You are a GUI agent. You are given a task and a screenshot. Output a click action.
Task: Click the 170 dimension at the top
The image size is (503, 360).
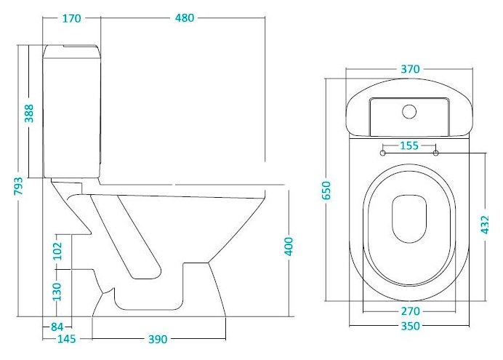[71, 19]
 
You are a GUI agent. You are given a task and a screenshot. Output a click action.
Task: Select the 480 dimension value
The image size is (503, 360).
[185, 18]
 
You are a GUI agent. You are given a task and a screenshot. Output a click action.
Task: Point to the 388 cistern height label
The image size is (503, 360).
[29, 113]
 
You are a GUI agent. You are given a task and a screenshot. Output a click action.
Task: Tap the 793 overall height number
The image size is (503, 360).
[18, 185]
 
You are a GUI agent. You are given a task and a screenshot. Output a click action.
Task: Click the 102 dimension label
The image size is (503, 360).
[57, 251]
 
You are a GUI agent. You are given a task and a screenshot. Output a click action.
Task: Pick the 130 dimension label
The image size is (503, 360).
[57, 292]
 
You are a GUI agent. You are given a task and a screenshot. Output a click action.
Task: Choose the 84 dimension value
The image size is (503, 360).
[57, 327]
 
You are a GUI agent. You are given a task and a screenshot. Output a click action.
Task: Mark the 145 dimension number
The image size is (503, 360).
[67, 339]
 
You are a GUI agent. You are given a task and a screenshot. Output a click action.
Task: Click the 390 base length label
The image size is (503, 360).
[158, 339]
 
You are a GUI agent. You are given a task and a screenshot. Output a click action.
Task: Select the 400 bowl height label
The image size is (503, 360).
[289, 247]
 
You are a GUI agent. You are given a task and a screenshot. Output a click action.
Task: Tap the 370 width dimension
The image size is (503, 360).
[410, 69]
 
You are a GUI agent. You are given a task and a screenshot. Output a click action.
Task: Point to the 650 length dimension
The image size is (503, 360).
[326, 191]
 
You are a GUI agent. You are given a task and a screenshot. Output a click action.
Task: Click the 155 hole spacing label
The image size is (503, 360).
[409, 145]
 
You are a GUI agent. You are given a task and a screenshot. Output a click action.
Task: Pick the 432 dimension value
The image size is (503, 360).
[485, 225]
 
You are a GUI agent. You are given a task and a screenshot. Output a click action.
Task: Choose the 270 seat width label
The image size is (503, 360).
[410, 311]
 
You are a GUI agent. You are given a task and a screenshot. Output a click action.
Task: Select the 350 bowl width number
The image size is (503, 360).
[410, 327]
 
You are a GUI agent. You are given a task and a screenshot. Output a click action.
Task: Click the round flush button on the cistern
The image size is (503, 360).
[409, 111]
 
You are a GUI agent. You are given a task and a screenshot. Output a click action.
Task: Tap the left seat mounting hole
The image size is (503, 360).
[383, 153]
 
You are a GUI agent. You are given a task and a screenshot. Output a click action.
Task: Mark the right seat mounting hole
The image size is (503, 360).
[436, 153]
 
